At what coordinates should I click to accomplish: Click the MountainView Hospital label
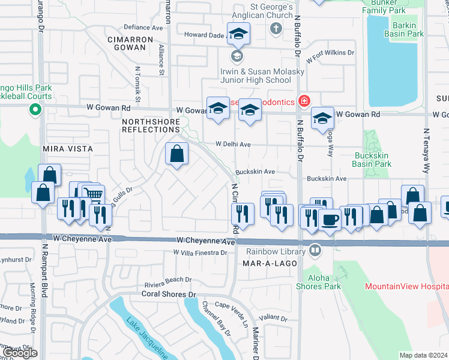coord(406,287)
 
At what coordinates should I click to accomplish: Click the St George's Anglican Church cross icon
coord(276,28)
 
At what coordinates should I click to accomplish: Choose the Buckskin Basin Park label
coord(372,159)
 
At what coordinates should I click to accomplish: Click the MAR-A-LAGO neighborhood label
coord(267,263)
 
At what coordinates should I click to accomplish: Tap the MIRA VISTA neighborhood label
coord(68,148)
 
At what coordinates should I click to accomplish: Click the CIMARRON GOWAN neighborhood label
coord(127,43)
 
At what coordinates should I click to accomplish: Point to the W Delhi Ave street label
coord(233,145)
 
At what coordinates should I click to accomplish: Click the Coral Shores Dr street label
coord(169,294)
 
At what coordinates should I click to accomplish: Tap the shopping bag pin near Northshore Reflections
coord(177,154)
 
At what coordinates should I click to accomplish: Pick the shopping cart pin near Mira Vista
coord(92,194)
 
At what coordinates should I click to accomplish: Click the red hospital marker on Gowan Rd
coord(304,101)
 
